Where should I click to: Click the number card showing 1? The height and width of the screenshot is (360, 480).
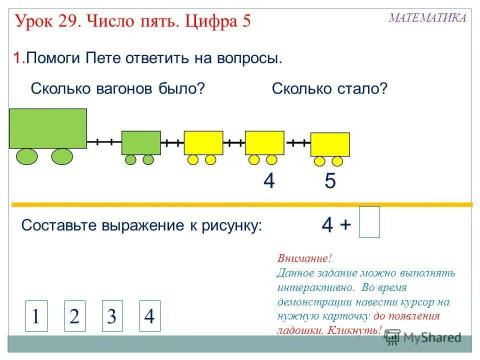(36, 316)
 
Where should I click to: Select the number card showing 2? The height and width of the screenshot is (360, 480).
(75, 316)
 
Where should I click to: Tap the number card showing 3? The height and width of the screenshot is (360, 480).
(112, 316)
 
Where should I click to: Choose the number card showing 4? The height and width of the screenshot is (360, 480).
(149, 316)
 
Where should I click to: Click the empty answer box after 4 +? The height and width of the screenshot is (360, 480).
(369, 222)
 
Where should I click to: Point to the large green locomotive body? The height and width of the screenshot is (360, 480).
(48, 128)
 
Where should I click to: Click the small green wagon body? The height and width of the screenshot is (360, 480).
(141, 142)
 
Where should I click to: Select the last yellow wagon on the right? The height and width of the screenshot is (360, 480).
(330, 144)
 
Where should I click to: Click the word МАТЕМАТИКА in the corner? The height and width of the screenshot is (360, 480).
(427, 18)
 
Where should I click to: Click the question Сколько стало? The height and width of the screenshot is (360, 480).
(329, 89)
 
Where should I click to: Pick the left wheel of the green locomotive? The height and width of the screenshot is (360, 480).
(26, 156)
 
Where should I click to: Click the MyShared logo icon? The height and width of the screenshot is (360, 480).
(393, 337)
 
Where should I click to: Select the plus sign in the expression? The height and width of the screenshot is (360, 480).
(345, 225)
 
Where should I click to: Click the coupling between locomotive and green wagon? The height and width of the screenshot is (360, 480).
(104, 142)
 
